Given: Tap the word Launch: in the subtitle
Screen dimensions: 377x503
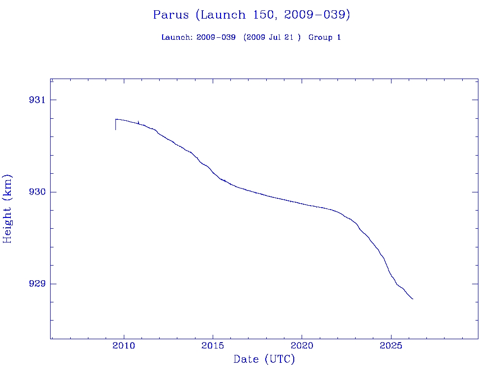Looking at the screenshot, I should coord(177,38).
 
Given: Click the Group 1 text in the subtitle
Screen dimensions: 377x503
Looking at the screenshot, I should coord(325,38).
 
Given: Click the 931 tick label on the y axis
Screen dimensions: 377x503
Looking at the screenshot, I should coord(36,100).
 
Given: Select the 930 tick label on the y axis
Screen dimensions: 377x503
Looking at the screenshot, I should coord(36,192).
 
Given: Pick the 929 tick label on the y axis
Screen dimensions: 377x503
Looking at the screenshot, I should coord(36,284).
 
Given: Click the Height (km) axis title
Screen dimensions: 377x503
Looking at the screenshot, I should coord(8,209).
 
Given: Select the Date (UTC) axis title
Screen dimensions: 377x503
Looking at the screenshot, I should coord(264,360).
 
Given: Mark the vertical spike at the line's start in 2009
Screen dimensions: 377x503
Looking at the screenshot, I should coord(115,125).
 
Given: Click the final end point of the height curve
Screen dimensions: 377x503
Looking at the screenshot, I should coord(413,299).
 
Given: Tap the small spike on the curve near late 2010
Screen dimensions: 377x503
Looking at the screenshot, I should coord(139,122).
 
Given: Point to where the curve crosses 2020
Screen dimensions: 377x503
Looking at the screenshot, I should coord(302,203).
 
